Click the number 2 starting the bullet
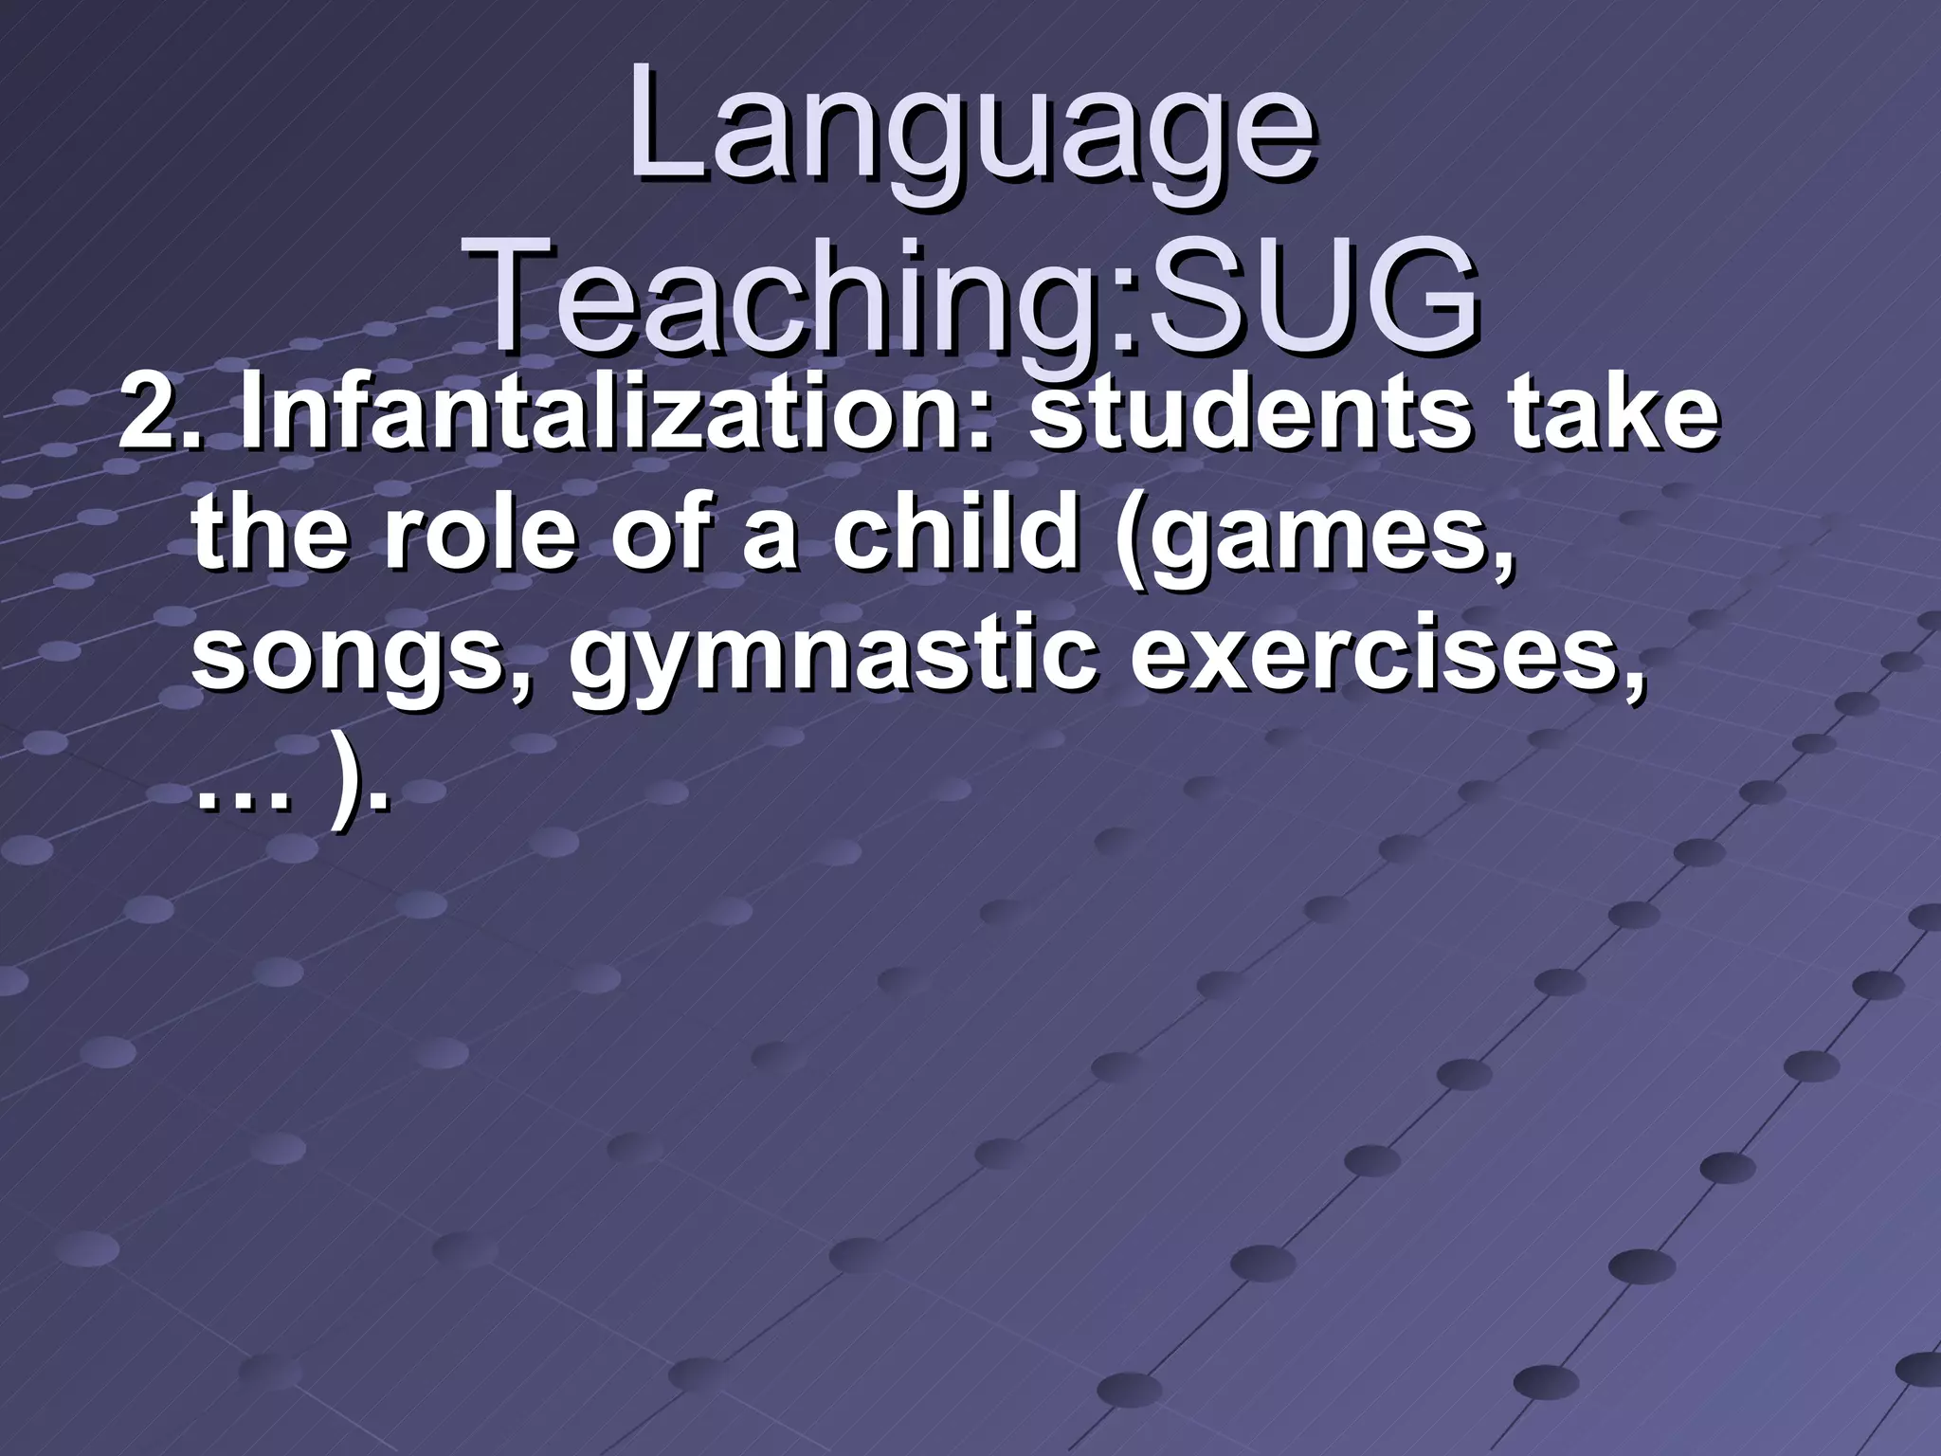point(147,417)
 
